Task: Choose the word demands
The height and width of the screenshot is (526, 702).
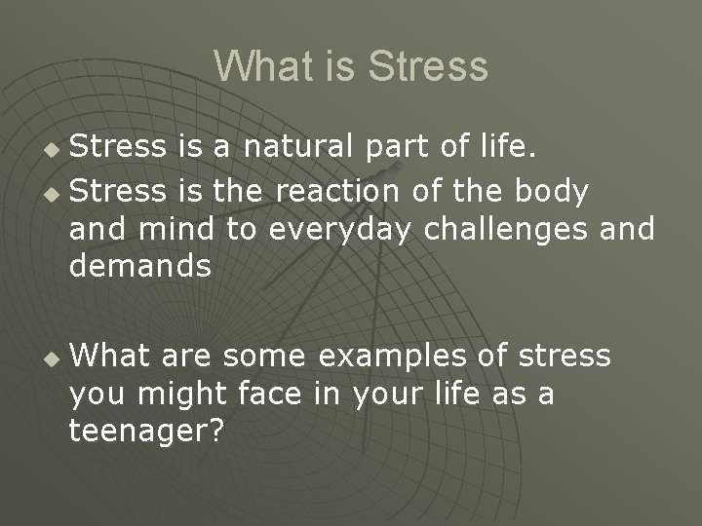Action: tap(140, 265)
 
